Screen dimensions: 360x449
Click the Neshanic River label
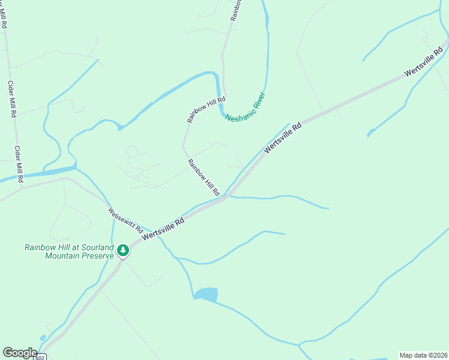pos(245,107)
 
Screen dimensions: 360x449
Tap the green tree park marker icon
pos(123,250)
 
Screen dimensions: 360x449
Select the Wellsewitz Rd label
pos(125,220)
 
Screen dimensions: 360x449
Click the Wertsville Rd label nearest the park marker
pos(163,230)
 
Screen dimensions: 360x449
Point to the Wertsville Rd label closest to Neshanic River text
pos(282,137)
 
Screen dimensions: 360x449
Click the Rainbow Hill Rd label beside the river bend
pos(206,110)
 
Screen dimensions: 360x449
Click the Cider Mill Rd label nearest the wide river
pos(19,164)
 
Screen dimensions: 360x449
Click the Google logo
pos(20,352)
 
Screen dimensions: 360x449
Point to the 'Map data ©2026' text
pos(423,355)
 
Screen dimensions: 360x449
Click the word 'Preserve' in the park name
pos(96,256)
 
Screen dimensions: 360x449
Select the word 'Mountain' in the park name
pos(62,256)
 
